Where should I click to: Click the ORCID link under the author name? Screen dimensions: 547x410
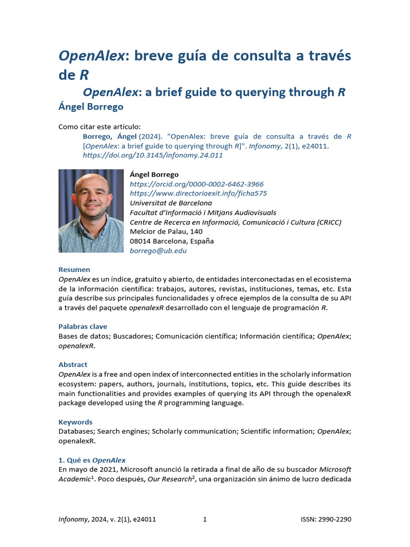(196, 184)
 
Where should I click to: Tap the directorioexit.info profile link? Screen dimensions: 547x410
(198, 193)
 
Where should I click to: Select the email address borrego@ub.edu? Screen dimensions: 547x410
(158, 251)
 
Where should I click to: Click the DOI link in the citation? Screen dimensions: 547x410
(153, 155)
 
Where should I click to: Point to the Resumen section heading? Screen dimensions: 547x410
(74, 269)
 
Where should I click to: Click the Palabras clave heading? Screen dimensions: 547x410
(83, 326)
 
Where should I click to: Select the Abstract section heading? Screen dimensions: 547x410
(73, 364)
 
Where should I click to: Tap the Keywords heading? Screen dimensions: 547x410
(75, 421)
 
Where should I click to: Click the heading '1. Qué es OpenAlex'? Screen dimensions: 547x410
(92, 460)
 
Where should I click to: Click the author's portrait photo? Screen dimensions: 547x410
(91, 211)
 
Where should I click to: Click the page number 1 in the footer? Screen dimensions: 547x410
(204, 519)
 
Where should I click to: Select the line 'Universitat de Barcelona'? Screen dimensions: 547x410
(171, 203)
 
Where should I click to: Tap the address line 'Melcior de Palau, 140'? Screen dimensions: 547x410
(166, 231)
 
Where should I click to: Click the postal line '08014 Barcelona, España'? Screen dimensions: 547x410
(172, 241)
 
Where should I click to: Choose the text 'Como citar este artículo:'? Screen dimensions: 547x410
(99, 127)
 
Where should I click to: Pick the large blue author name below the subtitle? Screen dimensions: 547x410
(91, 106)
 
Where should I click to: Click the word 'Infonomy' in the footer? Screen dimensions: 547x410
(73, 519)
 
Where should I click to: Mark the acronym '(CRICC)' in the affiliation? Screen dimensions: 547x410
(326, 222)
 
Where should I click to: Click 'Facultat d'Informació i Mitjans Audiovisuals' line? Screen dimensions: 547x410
(203, 213)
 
